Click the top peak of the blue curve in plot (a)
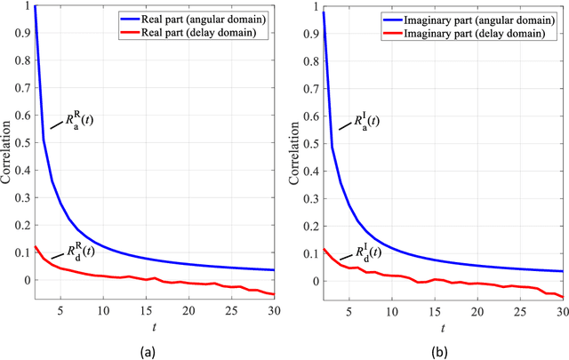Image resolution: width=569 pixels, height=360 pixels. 35,7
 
